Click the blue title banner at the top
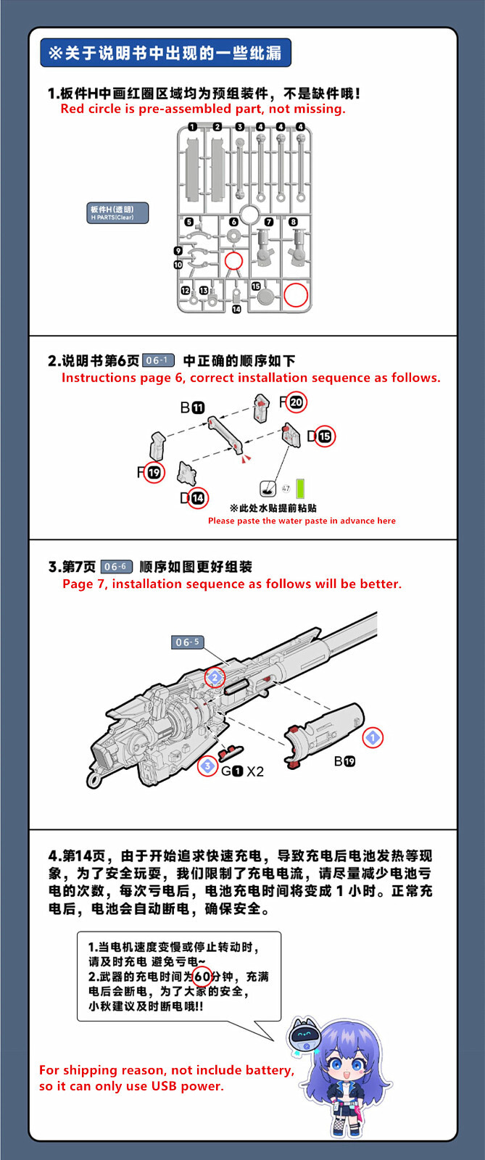coord(165,53)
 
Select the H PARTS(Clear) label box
coord(117,213)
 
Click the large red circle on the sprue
coord(295,294)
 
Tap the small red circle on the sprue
coord(233,261)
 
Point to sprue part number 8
coord(293,222)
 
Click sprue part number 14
coord(236,310)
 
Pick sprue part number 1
coord(192,127)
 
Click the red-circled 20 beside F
coord(296,402)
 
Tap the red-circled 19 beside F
coord(154,473)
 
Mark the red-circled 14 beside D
coord(197,498)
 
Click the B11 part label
coord(192,408)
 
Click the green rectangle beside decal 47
coord(300,488)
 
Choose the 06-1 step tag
coord(157,360)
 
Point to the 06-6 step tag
coord(116,566)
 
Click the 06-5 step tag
coord(187,642)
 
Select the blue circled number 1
coord(373,738)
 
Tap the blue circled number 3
coord(207,766)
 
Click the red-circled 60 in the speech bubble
coord(202,977)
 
